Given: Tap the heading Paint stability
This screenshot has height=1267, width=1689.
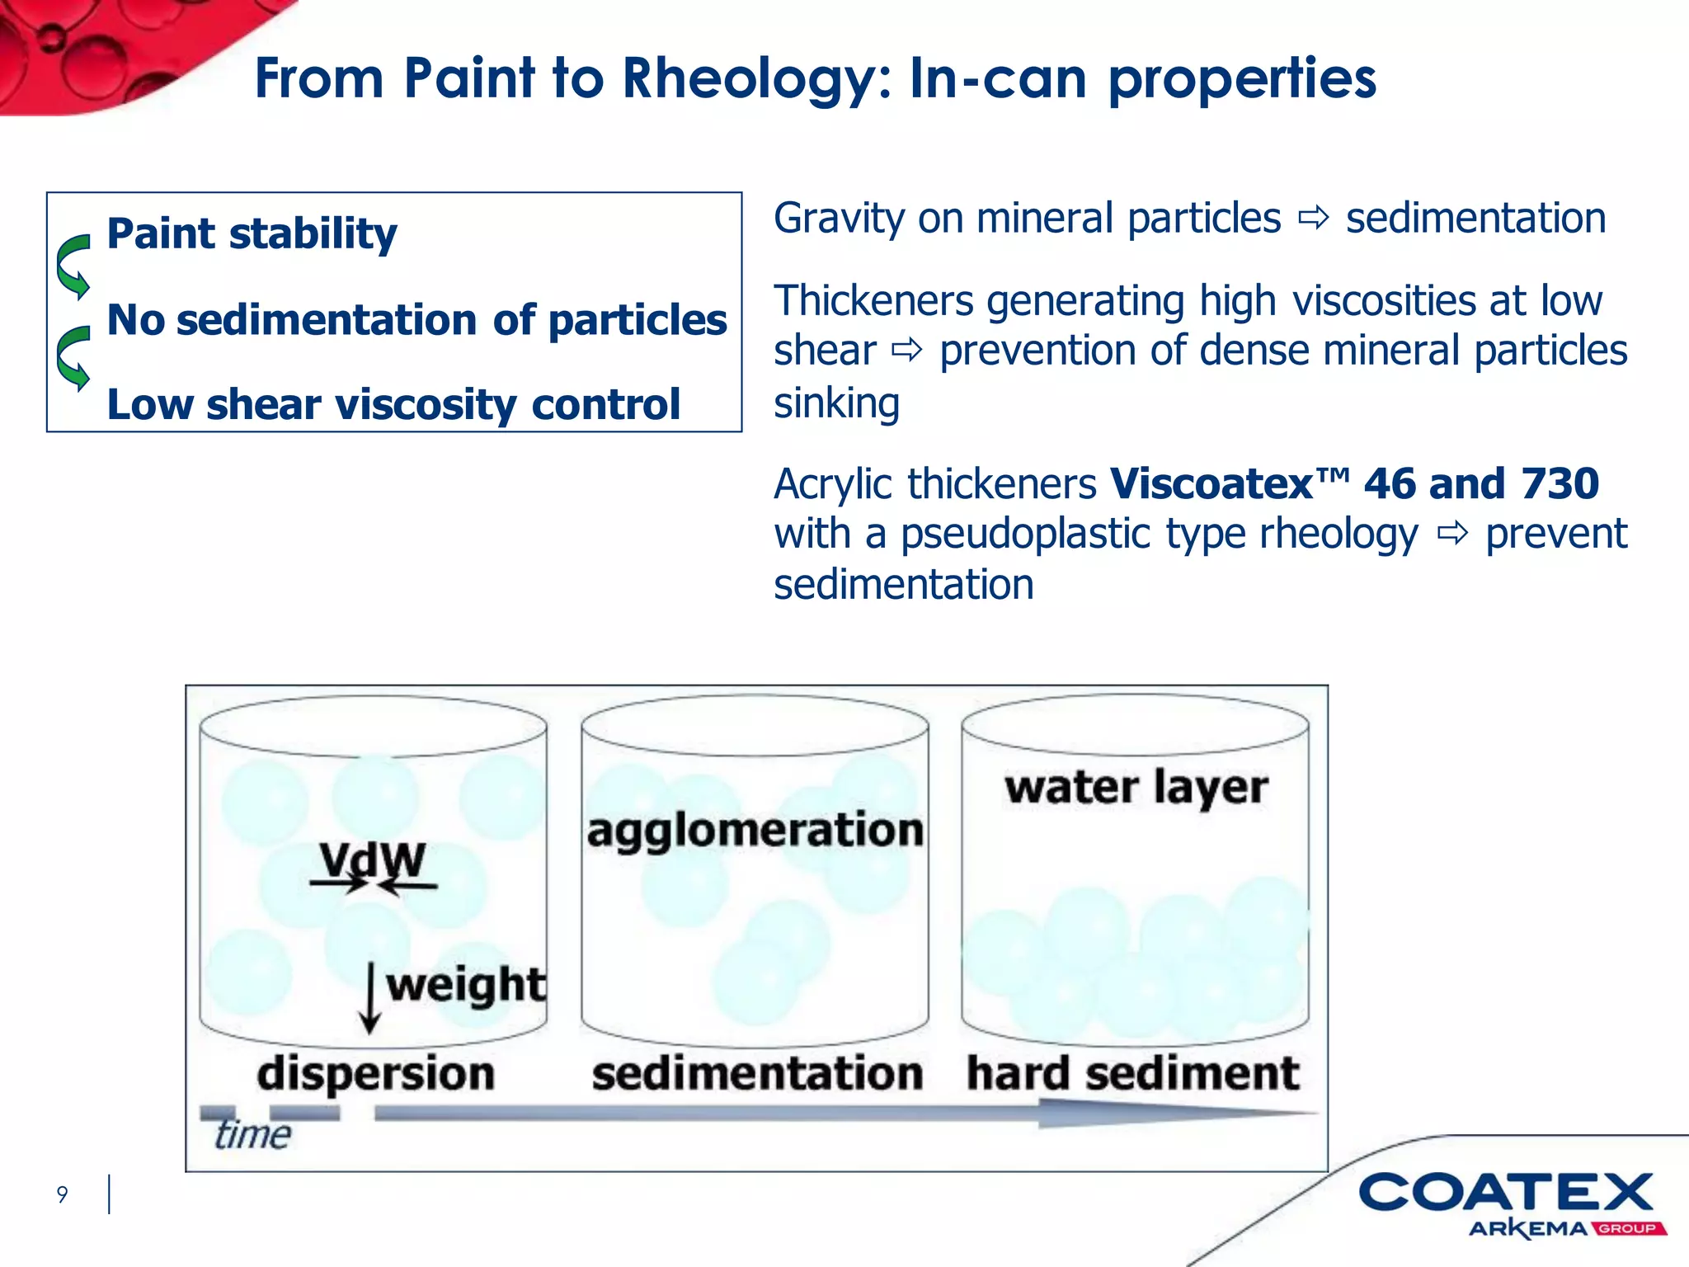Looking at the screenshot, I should click(252, 233).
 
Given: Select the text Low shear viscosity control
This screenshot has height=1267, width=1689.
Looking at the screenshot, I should click(393, 405).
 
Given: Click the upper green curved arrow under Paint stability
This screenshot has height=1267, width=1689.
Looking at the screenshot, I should click(74, 266).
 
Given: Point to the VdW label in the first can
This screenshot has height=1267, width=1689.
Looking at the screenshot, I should click(373, 860).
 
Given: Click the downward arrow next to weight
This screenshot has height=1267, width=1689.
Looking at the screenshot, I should click(370, 998).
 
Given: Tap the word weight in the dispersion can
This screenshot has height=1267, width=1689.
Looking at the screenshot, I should click(466, 984).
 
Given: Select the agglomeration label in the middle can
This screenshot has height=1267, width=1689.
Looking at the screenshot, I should click(755, 830).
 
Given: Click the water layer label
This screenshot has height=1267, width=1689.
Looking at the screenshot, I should click(1136, 787).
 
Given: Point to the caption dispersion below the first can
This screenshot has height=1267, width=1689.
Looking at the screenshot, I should click(375, 1074).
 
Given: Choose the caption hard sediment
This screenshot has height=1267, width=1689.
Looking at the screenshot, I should click(1132, 1074).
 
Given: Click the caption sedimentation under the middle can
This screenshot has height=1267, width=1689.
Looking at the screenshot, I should click(757, 1074).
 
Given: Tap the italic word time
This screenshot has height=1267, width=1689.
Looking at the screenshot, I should click(252, 1135).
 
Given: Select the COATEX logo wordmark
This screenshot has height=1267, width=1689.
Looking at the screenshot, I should click(1505, 1193).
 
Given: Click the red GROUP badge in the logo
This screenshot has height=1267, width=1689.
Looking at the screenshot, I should click(1628, 1229).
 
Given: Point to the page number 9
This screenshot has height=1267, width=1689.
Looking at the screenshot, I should click(62, 1194).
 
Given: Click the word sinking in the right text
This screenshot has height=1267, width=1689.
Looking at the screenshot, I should click(836, 403).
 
